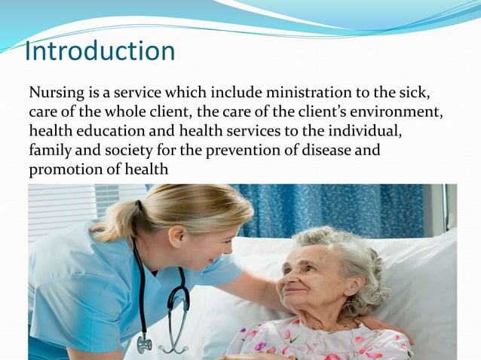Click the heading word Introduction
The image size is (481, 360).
pos(100,52)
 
